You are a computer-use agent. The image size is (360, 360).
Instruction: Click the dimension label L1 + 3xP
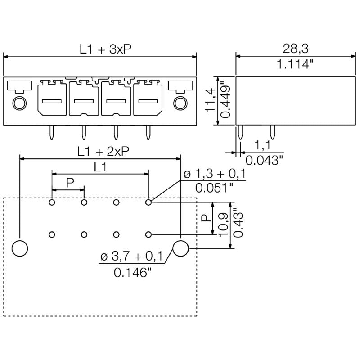pos(106,49)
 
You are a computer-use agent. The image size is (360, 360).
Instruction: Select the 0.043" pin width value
pos(265,159)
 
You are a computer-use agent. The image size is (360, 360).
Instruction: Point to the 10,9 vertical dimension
pos(222,224)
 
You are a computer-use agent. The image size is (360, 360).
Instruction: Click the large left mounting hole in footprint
pos(19,248)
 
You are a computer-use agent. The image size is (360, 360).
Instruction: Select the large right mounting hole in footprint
pos(180,248)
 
